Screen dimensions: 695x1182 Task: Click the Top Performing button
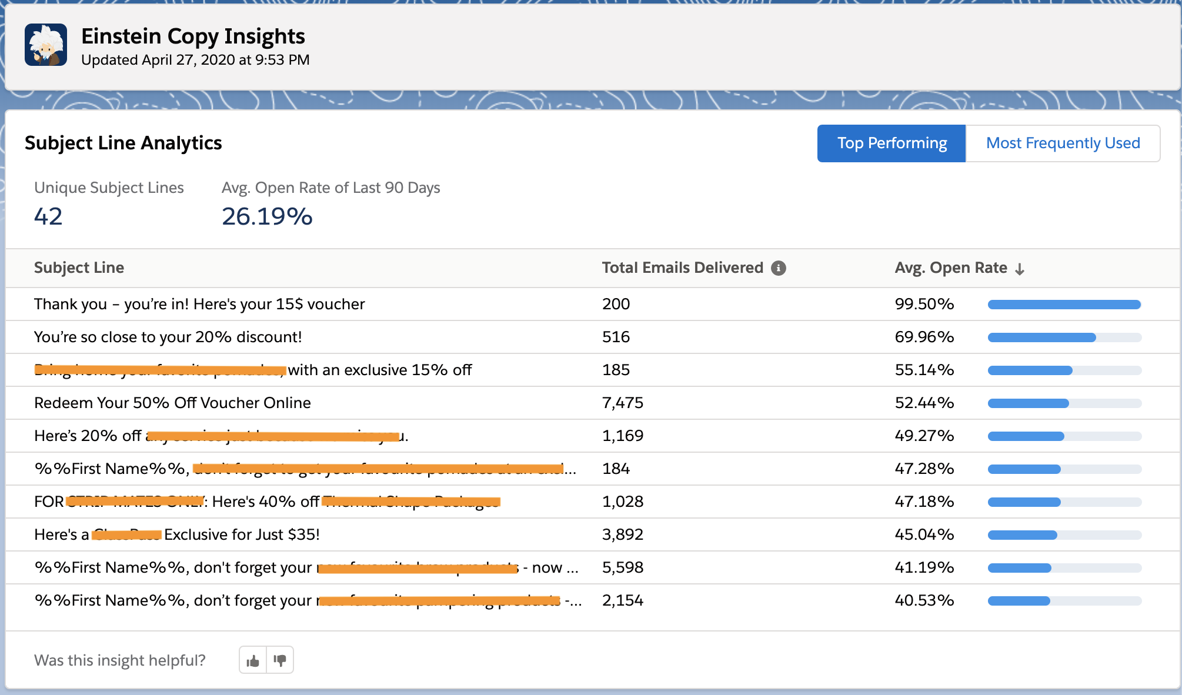891,143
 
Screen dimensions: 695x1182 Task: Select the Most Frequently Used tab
1063,143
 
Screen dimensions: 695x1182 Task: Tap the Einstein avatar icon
46,45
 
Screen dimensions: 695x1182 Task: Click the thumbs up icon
253,660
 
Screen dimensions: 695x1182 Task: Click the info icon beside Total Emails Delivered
779,268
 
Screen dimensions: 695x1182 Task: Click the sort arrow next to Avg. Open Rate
1020,269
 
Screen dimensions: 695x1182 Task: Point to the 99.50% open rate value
924,304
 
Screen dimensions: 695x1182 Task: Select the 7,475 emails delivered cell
622,403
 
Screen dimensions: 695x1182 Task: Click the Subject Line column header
79,268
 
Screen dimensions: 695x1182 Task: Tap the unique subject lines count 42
48,216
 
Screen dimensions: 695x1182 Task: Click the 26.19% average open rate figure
267,216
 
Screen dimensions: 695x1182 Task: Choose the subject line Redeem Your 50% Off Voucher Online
172,403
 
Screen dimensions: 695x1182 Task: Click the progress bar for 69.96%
1064,338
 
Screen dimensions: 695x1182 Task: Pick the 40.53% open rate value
924,600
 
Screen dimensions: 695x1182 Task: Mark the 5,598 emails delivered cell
622,567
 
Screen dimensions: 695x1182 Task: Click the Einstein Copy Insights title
193,36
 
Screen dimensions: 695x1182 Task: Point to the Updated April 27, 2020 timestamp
195,60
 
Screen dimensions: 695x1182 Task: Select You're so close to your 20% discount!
168,337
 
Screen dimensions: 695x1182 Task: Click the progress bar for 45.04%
1064,535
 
